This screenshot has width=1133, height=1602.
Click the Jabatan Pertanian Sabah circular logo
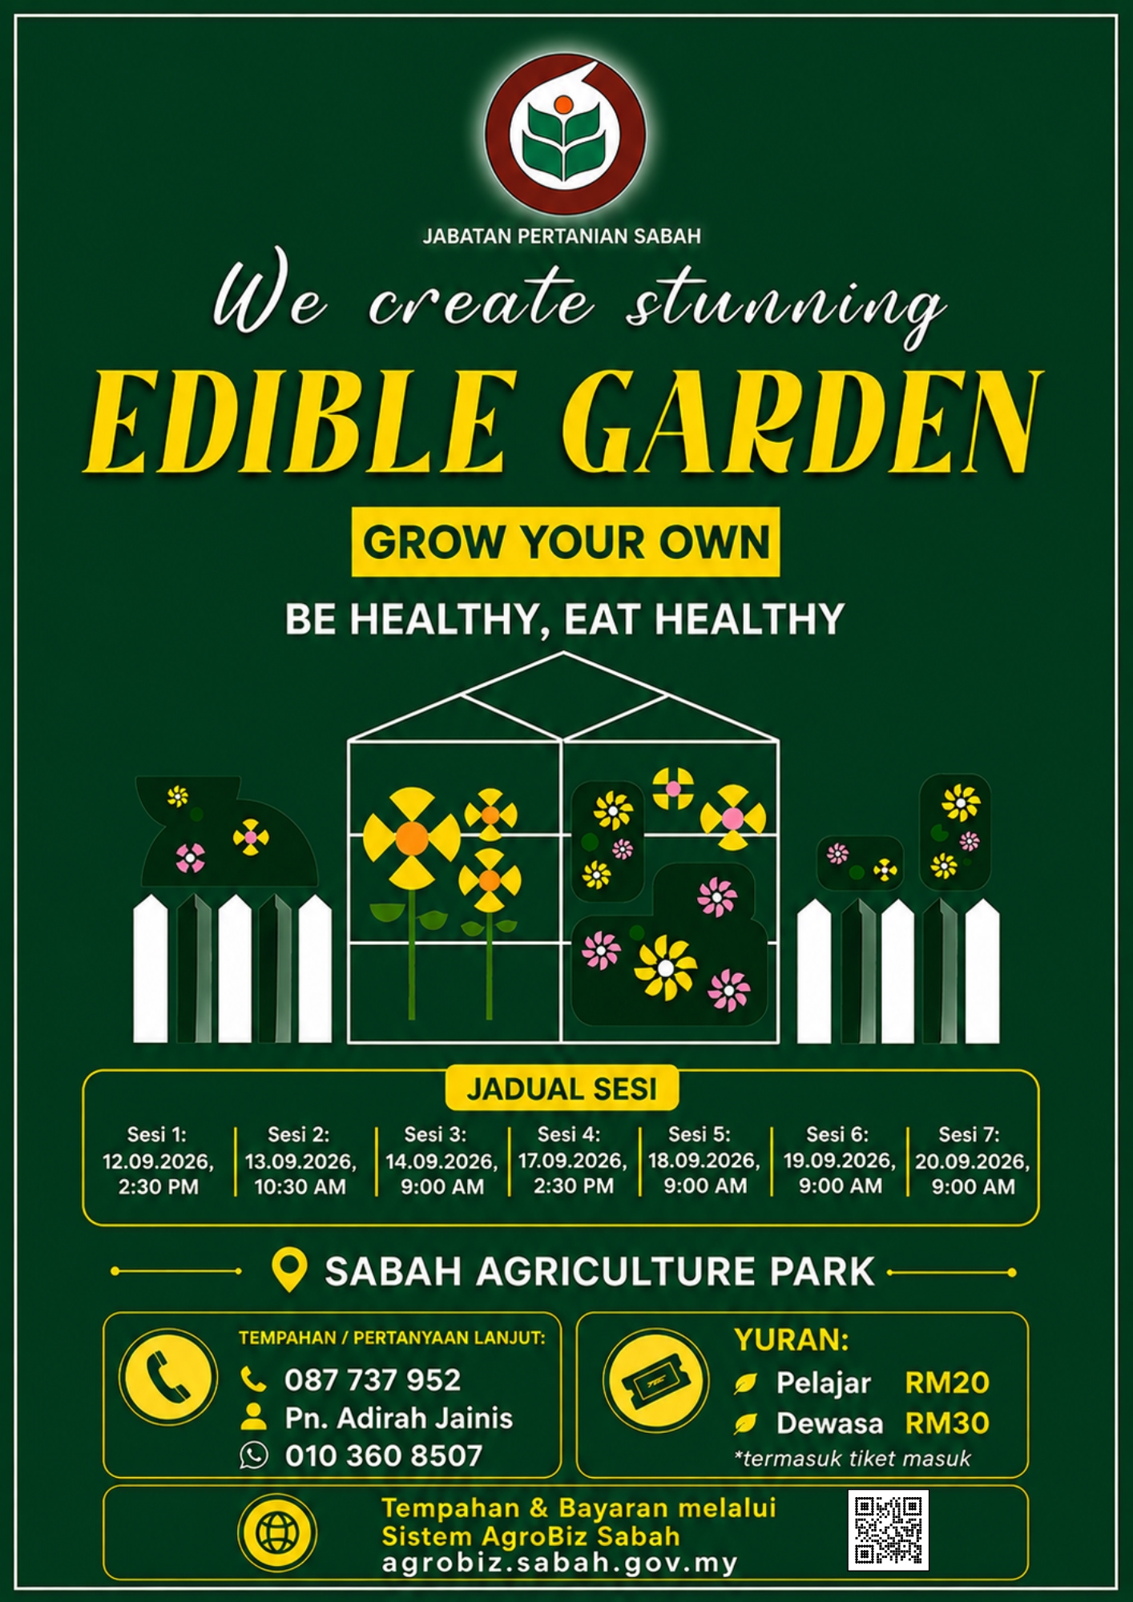click(x=565, y=134)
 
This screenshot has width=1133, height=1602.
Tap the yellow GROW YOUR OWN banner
click(x=566, y=541)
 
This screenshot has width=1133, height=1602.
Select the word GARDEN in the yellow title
click(x=801, y=421)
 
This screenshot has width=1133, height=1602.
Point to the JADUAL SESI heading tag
click(x=562, y=1089)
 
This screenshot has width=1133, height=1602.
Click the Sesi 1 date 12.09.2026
click(x=158, y=1161)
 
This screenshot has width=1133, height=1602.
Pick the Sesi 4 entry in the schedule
click(x=572, y=1160)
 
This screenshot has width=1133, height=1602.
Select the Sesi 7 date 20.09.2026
click(x=972, y=1161)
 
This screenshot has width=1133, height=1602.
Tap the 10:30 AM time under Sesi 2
click(x=300, y=1187)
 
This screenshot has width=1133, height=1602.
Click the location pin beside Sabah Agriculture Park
click(x=289, y=1270)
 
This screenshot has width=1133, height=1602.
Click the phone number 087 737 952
click(x=373, y=1380)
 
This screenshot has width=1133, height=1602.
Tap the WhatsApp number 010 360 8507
click(x=384, y=1455)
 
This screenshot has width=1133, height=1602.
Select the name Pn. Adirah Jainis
click(x=398, y=1418)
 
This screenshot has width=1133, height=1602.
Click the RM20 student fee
click(x=947, y=1383)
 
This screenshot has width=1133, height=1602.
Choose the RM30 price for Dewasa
click(x=947, y=1423)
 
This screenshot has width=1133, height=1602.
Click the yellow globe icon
click(x=277, y=1533)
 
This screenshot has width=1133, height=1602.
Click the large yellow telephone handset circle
click(x=168, y=1377)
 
